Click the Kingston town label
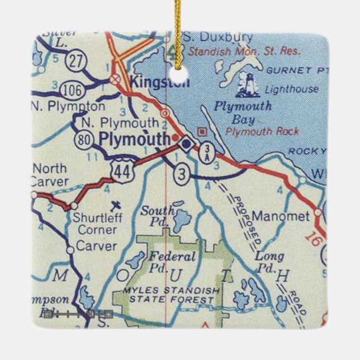click(159, 82)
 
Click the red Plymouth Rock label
click(262, 132)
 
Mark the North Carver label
click(50, 174)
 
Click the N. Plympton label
click(68, 106)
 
